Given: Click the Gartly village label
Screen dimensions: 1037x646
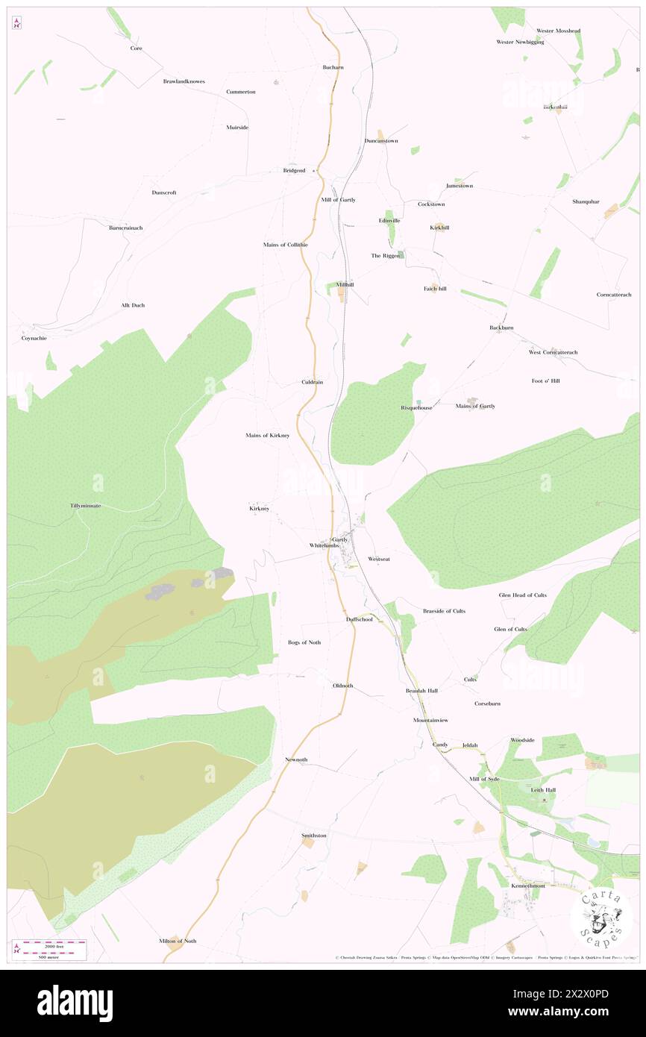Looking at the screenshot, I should coord(340,539).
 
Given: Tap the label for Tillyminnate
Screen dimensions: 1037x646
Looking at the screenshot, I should coord(86,506).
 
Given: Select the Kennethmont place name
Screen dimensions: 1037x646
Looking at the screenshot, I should coord(527,886).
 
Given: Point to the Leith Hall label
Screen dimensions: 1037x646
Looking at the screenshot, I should coord(543,789).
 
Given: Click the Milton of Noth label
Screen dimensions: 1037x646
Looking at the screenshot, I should coord(178,941).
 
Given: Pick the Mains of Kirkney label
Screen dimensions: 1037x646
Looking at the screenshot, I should coord(268,435).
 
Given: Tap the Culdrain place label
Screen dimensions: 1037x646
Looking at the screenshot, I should coord(312,382).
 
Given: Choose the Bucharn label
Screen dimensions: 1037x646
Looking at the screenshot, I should coord(333,67).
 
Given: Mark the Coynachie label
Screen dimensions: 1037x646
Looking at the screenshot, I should coord(34,338).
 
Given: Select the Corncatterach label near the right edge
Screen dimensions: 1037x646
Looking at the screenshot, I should coord(613,295).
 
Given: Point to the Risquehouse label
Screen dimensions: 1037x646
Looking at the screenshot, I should coord(416,408).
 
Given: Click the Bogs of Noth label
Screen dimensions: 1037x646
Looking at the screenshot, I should coord(304,642).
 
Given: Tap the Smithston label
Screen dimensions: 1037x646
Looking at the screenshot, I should coord(313,836).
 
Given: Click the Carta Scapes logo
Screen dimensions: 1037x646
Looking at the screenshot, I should coord(601,917).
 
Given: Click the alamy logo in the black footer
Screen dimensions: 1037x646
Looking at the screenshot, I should coord(75,1003).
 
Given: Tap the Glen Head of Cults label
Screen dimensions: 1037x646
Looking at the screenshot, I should coord(522,595).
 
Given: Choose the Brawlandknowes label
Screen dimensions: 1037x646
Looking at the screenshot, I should coord(184,81).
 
